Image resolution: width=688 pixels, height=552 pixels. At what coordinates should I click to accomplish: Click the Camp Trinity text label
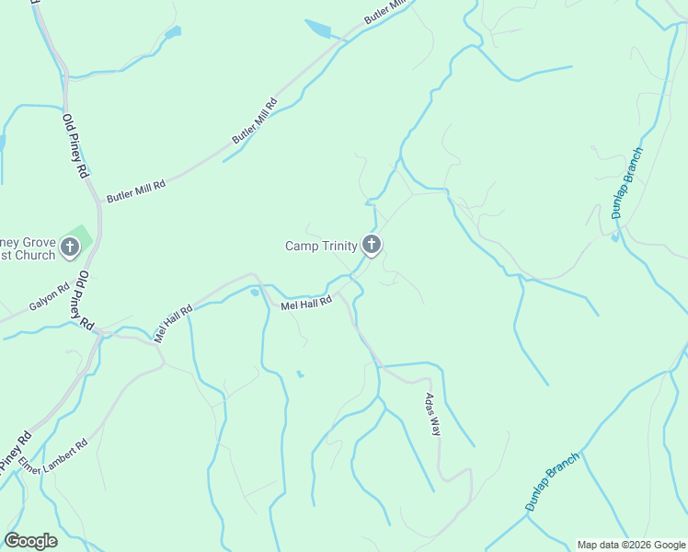pos(321,246)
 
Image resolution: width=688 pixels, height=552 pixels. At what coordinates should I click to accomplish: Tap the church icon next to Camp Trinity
pos(372,245)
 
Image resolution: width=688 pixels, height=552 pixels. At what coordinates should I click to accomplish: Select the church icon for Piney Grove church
pos(70,247)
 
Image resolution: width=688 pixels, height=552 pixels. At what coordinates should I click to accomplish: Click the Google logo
pos(30,541)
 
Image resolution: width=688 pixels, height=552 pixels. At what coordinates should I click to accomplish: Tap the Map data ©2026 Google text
pos(630,545)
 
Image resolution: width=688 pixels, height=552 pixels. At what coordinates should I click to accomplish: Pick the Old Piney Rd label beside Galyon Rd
pos(84,301)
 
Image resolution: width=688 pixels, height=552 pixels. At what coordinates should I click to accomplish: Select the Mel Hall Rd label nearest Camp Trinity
pos(305,304)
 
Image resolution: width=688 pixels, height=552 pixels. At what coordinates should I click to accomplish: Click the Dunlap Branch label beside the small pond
pos(628,182)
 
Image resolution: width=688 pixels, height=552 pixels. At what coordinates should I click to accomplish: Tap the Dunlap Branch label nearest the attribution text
pos(553,481)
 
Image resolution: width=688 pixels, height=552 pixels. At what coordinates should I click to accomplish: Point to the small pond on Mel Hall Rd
pos(254,293)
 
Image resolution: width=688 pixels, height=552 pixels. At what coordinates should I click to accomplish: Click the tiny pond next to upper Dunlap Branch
pos(614,237)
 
